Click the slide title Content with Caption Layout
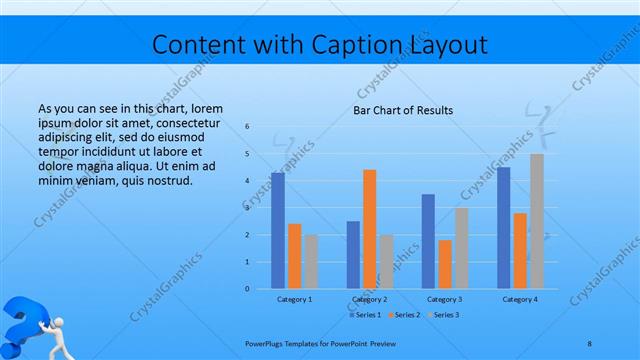coord(320,45)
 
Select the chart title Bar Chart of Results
coord(402,110)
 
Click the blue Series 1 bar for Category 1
coord(277,230)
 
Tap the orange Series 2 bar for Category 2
coord(369,229)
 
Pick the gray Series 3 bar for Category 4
coord(537,221)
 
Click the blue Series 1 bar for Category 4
coord(503,227)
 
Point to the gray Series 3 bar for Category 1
coord(311,261)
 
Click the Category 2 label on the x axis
coord(369,299)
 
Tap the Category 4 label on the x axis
coord(520,299)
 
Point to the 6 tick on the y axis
coord(248,127)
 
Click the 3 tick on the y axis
coord(248,208)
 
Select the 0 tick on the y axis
coord(248,289)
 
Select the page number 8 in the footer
coord(589,343)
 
